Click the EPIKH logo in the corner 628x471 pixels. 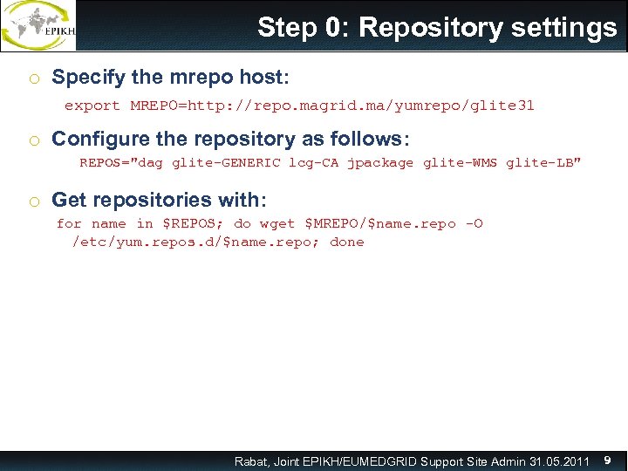click(x=38, y=26)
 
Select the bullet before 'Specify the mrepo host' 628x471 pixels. click(x=32, y=78)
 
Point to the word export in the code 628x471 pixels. click(x=92, y=106)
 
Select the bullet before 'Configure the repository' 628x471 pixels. click(x=32, y=140)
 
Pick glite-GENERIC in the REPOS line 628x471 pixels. click(x=226, y=162)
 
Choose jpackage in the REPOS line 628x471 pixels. click(x=380, y=162)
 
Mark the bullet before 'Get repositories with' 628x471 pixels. click(x=32, y=201)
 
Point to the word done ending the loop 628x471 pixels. click(x=347, y=242)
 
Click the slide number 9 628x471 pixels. click(x=607, y=460)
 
